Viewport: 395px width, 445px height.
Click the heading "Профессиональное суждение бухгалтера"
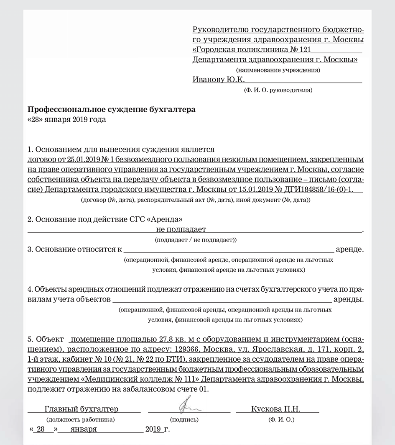111,110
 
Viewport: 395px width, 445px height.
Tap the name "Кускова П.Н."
275,409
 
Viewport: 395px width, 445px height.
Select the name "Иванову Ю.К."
219,80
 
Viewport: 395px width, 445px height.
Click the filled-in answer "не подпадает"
181,229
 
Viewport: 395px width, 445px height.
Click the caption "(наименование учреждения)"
278,69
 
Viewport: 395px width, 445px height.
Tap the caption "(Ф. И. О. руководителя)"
278,90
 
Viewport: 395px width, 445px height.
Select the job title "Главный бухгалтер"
82,409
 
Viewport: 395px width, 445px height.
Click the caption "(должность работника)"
81,419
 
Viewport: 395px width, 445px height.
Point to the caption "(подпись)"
184,419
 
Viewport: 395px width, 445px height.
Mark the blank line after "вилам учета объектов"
222,300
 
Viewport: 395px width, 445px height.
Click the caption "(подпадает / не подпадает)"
196,240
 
